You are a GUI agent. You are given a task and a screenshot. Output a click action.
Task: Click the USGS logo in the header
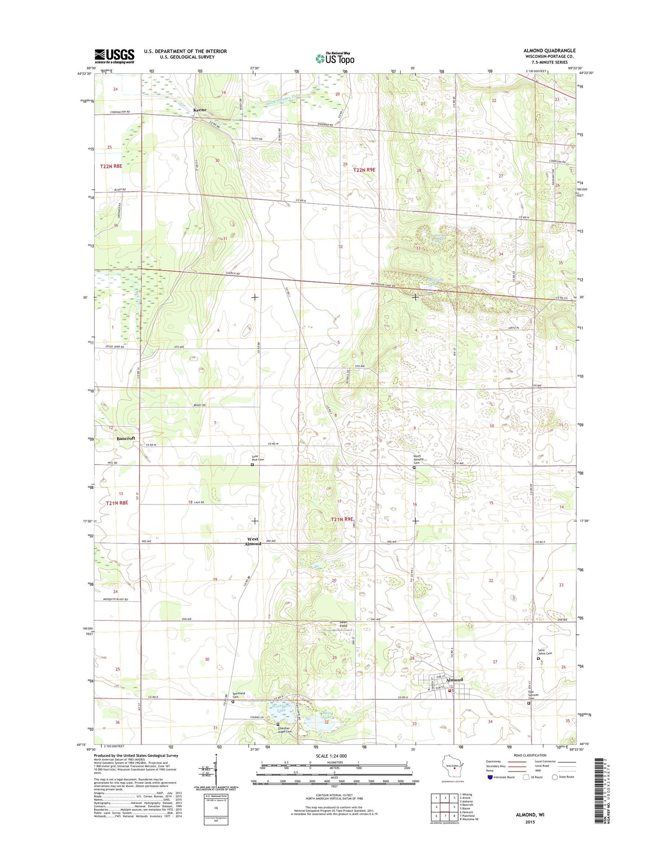[114, 56]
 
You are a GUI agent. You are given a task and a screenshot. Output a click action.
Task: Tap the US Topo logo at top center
[335, 58]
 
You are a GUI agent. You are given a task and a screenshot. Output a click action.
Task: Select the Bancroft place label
[126, 438]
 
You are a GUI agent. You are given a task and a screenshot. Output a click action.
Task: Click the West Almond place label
[253, 541]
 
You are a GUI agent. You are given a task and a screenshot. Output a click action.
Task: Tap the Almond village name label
[454, 680]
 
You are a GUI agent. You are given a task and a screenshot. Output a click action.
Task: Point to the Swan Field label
[343, 624]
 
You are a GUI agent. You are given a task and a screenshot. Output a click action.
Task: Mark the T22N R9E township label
[364, 170]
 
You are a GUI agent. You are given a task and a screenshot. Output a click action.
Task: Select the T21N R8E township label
[116, 503]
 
